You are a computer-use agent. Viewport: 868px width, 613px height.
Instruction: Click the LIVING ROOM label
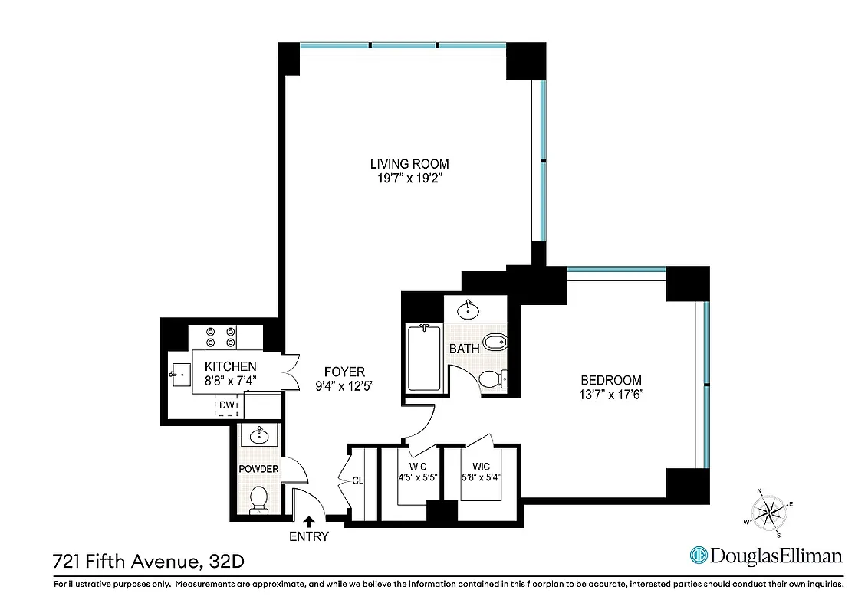coord(409,163)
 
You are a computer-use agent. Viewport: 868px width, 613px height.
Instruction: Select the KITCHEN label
coord(230,367)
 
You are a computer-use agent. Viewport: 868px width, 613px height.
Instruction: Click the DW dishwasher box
coord(226,405)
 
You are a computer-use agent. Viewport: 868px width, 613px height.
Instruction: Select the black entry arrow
coord(309,520)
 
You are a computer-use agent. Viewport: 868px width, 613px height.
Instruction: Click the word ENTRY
coord(309,536)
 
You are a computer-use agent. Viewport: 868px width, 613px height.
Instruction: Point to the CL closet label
coord(357,482)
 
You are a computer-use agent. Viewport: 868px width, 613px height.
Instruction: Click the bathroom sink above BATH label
coord(468,310)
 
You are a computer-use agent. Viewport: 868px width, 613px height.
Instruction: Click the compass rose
coord(767,511)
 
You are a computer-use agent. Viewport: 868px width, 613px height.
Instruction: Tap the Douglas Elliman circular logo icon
coord(699,556)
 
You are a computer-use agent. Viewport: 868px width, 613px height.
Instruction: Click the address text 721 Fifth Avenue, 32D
coord(149,561)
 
